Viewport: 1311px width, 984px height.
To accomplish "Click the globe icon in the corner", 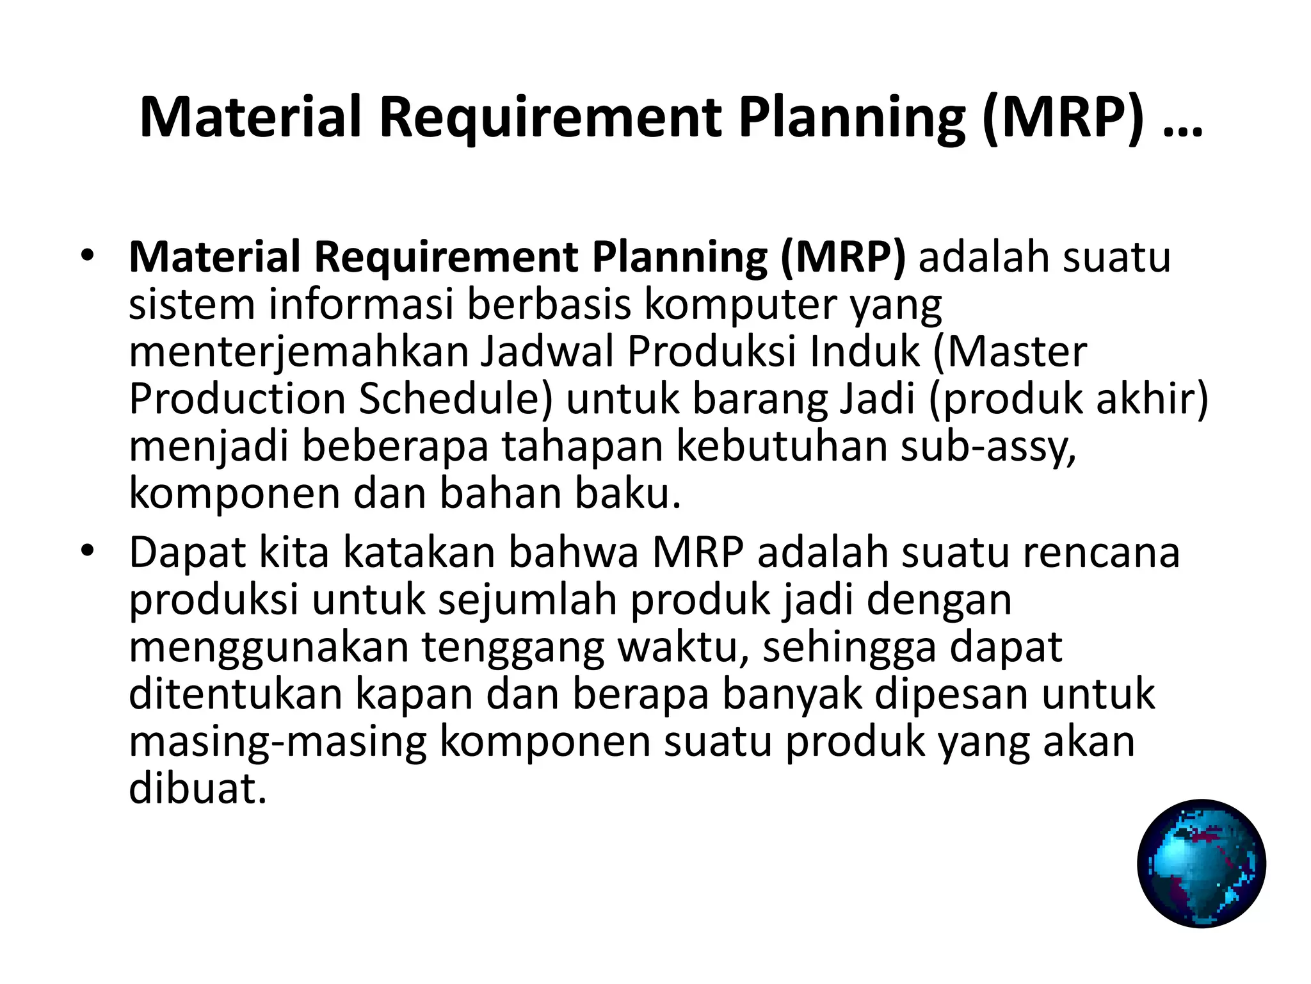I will [1201, 864].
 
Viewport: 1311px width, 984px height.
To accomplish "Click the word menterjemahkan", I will [300, 352].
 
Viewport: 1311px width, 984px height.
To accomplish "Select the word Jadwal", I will [547, 352].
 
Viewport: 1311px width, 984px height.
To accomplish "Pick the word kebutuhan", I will [782, 446].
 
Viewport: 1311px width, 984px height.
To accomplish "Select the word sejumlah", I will [528, 600].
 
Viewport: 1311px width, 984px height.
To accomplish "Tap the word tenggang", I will [513, 647].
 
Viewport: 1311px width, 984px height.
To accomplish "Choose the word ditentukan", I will [236, 694].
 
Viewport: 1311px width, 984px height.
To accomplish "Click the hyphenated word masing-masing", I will [277, 742].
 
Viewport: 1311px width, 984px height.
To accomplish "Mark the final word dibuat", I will [197, 788].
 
